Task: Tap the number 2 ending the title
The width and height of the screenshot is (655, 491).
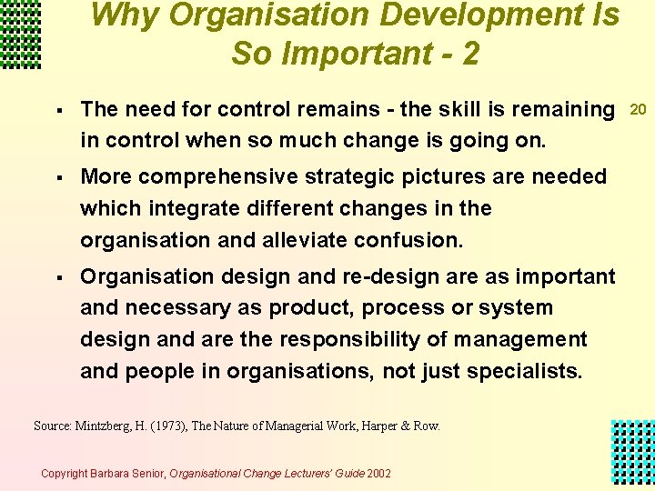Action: coord(469,54)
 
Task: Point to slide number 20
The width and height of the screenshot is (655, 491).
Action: coord(639,110)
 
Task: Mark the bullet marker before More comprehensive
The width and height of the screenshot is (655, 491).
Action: coord(57,176)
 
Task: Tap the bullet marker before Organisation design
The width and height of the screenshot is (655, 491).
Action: coord(57,276)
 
